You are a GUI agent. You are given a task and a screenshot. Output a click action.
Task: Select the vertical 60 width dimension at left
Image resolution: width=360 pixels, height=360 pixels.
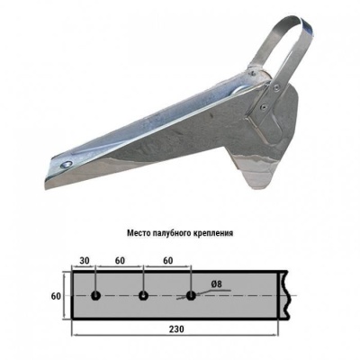[55, 295]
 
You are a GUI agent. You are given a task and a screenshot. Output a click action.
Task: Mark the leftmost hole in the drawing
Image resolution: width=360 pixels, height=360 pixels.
[94, 294]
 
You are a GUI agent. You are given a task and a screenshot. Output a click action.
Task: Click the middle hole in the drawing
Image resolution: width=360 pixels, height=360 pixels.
[142, 294]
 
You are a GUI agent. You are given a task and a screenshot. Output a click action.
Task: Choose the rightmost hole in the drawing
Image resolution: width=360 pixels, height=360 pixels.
[190, 294]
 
